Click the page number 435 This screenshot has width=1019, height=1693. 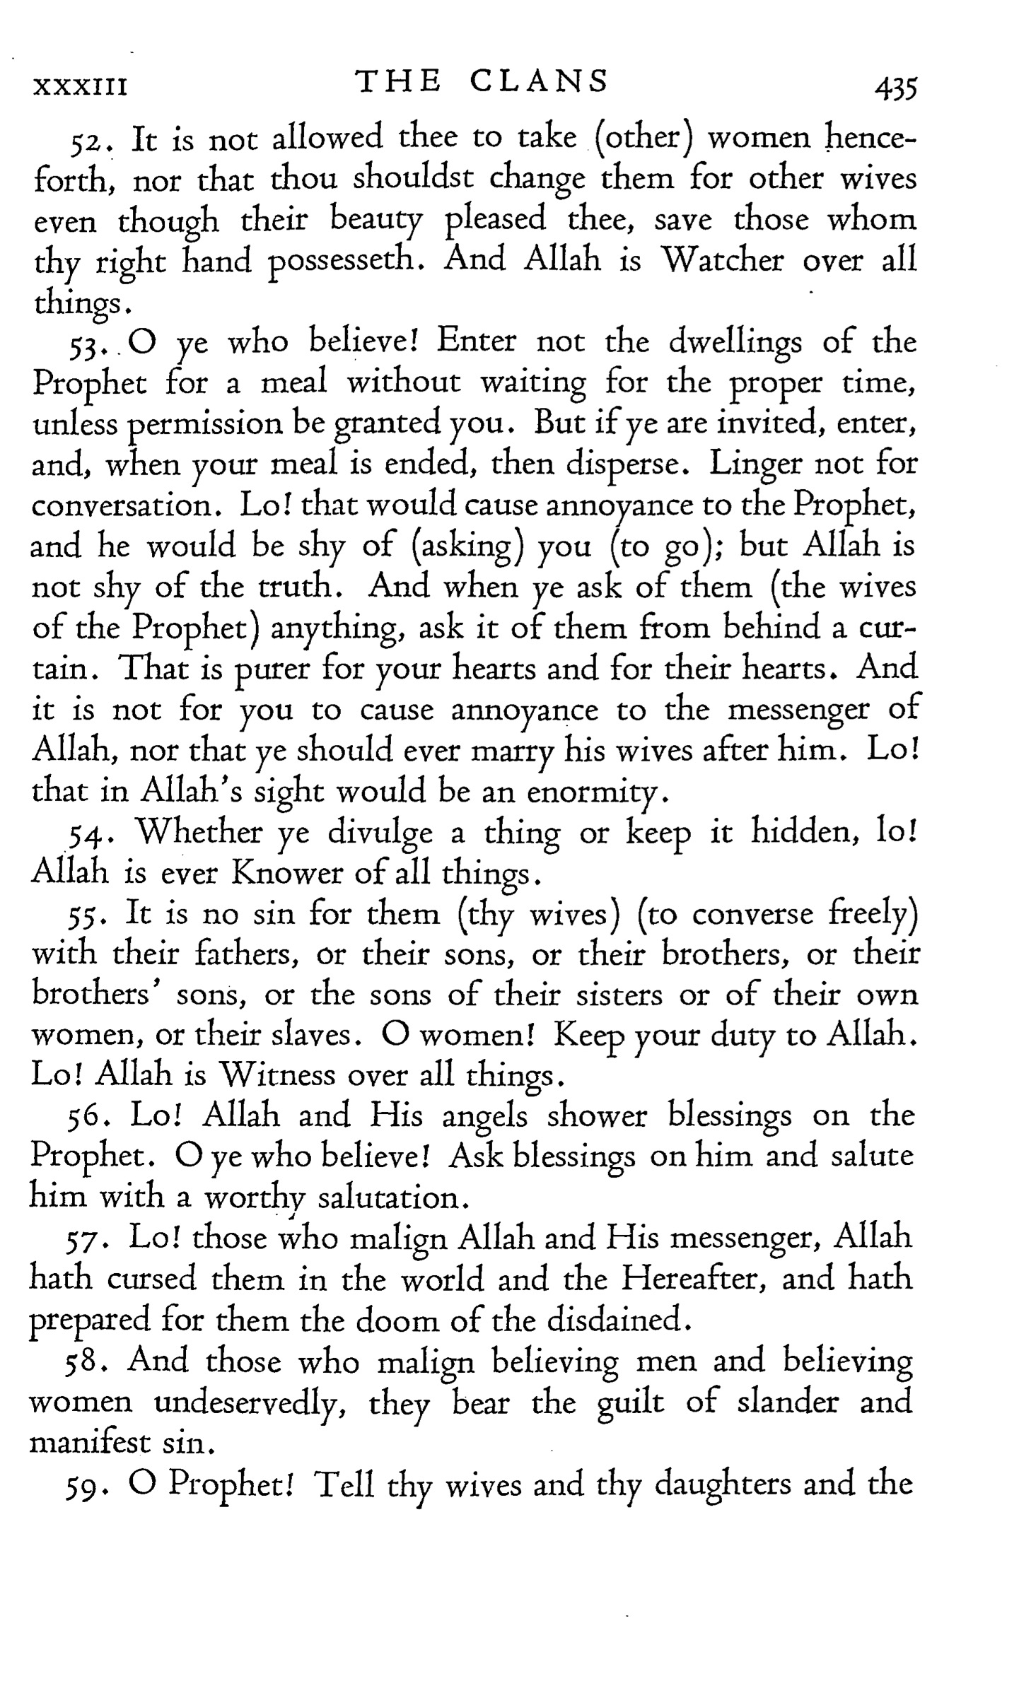click(895, 90)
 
